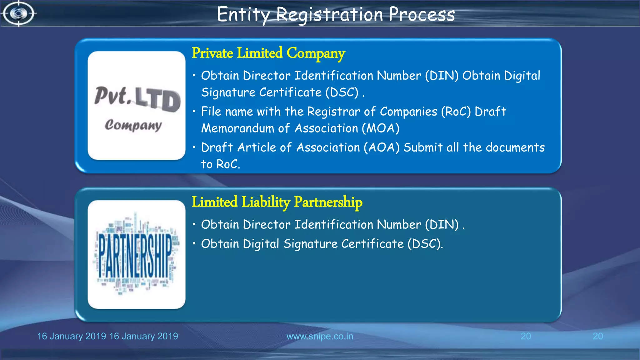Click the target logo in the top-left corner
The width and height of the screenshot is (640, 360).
pyautogui.click(x=18, y=13)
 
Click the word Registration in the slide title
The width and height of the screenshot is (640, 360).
pyautogui.click(x=329, y=15)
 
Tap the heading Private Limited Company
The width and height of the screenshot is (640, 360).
pyautogui.click(x=268, y=53)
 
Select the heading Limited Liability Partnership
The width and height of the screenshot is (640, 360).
pyautogui.click(x=277, y=202)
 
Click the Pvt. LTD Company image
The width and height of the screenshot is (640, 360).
pyautogui.click(x=137, y=106)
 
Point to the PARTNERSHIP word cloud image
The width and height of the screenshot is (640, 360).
pyautogui.click(x=137, y=254)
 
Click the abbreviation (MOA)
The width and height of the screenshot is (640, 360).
pyautogui.click(x=381, y=128)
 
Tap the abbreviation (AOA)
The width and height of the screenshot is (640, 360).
pyautogui.click(x=382, y=147)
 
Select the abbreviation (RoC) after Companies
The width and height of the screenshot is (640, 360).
pyautogui.click(x=456, y=112)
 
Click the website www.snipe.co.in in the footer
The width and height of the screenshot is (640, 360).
pyautogui.click(x=320, y=336)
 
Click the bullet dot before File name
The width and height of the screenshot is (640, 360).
pyautogui.click(x=194, y=111)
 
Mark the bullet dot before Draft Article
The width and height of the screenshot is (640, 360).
pyautogui.click(x=194, y=147)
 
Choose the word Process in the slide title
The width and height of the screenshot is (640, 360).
pyautogui.click(x=422, y=15)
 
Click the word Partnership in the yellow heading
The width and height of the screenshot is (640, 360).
pyautogui.click(x=328, y=202)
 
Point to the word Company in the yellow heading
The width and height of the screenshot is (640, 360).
pyautogui.click(x=316, y=53)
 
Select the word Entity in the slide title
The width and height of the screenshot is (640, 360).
pyautogui.click(x=243, y=15)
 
